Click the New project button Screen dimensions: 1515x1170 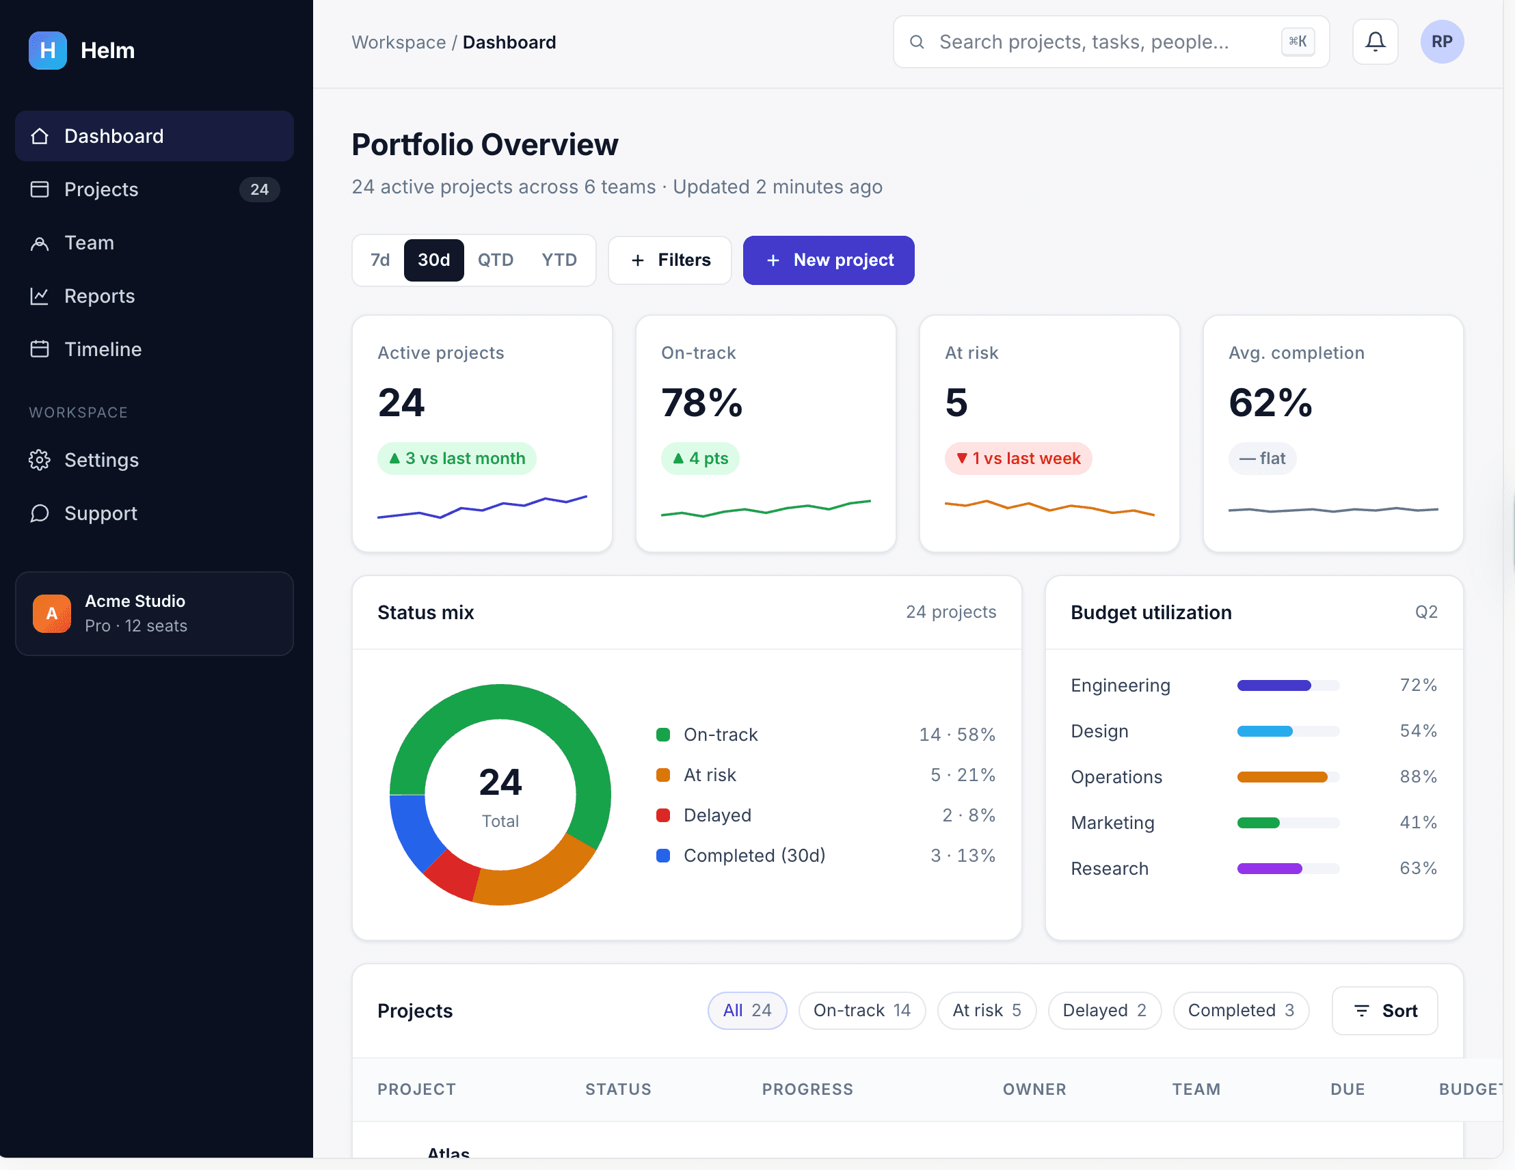point(828,260)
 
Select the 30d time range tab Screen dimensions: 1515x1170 point(433,260)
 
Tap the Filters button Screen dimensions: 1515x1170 point(669,260)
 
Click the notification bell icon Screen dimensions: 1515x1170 point(1375,42)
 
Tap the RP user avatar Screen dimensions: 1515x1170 point(1441,42)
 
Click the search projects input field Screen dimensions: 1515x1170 point(1110,42)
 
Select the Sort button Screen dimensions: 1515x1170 point(1384,1011)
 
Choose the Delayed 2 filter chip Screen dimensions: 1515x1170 point(1104,1011)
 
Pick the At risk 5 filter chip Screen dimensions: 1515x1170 point(987,1011)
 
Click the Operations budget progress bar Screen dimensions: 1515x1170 point(1288,777)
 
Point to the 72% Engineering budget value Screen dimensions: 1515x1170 point(1418,685)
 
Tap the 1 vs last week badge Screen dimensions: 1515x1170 point(1017,459)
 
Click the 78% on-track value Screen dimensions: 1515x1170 point(701,403)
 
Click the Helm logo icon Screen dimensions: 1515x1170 point(47,50)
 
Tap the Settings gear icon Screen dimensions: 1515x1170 point(40,460)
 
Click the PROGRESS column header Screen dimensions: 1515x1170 point(807,1089)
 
